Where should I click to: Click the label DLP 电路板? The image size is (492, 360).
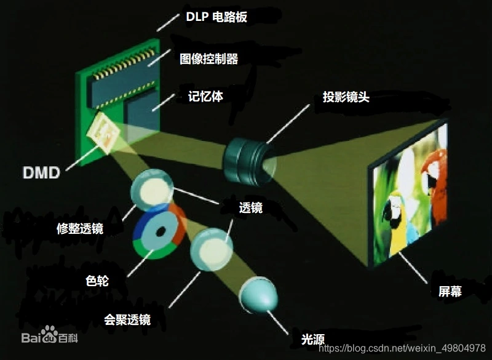[216, 17]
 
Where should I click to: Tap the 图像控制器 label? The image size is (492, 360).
[208, 58]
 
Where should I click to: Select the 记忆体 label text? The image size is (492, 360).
[205, 97]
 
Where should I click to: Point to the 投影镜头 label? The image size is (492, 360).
[346, 97]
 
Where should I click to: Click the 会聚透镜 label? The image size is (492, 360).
[127, 319]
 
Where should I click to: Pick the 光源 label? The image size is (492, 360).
[313, 338]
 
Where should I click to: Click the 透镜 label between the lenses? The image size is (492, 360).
[250, 208]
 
